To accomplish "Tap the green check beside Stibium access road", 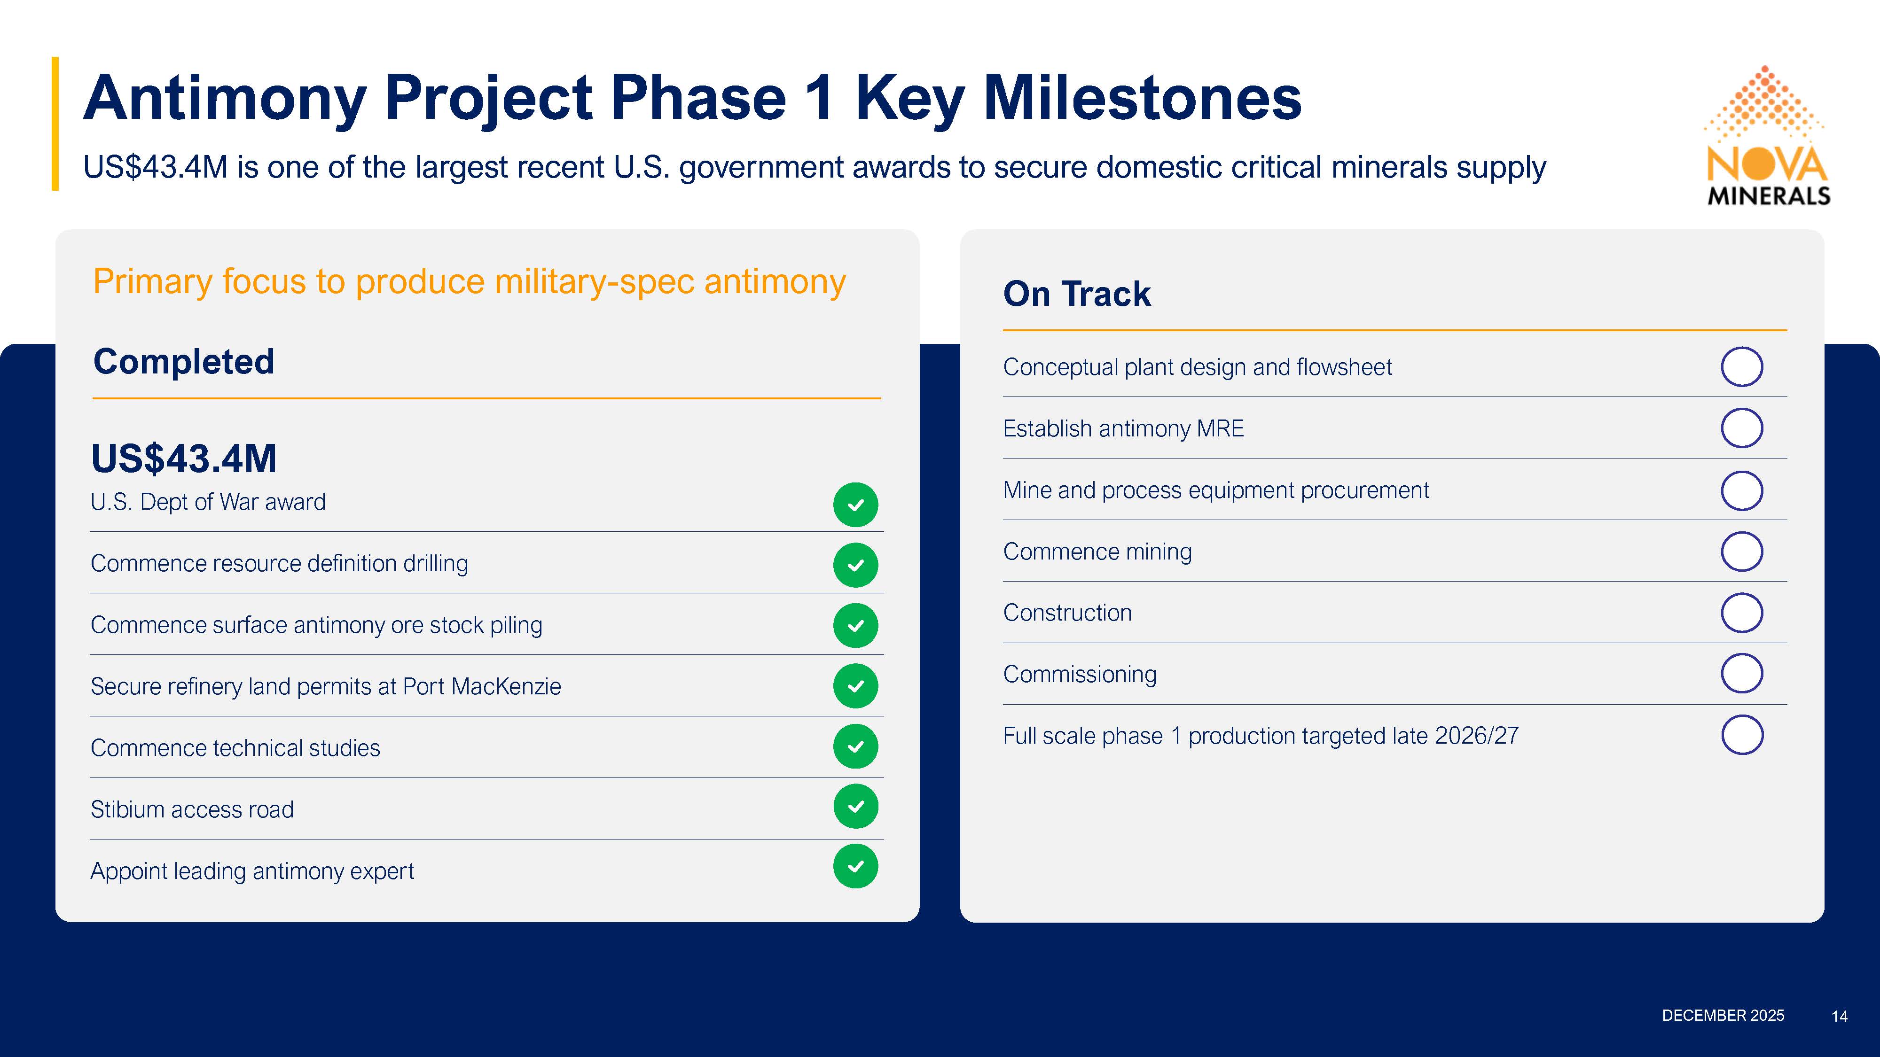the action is pos(855,806).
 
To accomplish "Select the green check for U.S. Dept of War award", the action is pos(855,505).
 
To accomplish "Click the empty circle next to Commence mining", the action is pos(1742,552).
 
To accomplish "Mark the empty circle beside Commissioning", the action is pos(1742,673).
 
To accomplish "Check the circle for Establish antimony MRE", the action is pos(1742,428).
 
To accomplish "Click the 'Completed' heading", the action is pos(184,362).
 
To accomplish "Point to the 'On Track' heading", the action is pos(1077,294).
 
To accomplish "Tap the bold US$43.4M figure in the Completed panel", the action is pos(184,459).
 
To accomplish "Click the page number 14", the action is pos(1839,1016).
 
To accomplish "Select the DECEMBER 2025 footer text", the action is pos(1723,1015).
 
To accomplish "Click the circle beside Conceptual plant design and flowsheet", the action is pos(1742,367).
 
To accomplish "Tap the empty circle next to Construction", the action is pos(1742,613).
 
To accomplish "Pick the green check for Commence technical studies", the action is pos(855,746).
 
